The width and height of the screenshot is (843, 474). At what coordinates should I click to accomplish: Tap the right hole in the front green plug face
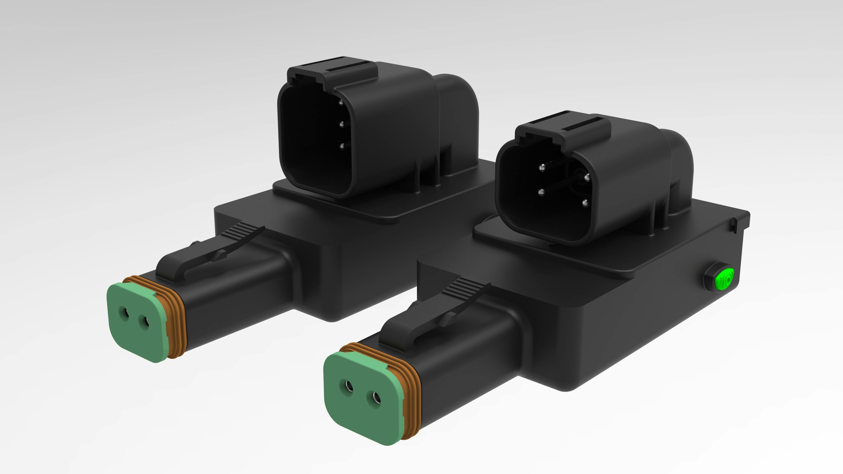click(375, 398)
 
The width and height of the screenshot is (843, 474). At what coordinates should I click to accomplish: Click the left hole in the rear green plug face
click(124, 313)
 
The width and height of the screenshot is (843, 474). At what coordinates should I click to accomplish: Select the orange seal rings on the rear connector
click(175, 317)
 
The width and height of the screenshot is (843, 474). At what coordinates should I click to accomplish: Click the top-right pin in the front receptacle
click(587, 178)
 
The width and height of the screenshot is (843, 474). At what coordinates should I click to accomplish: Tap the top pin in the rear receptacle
click(341, 103)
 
